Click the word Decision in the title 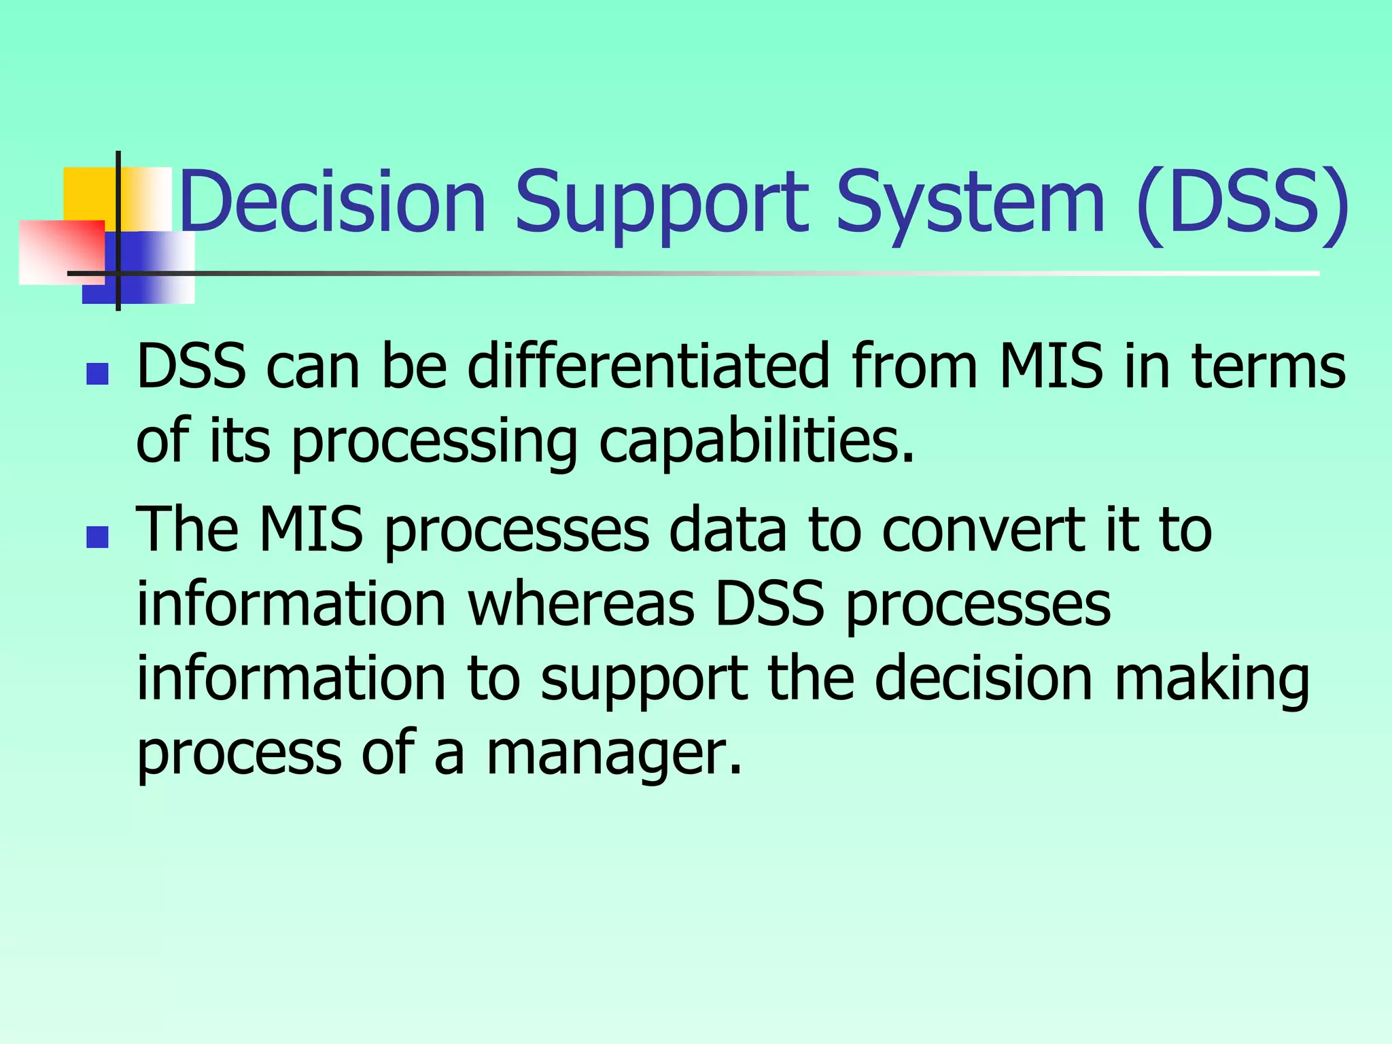point(333,202)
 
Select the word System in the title point(970,202)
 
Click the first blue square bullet point(98,374)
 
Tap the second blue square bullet point(98,537)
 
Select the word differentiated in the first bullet point(649,366)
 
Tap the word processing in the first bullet point(435,442)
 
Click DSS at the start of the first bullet point(191,366)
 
